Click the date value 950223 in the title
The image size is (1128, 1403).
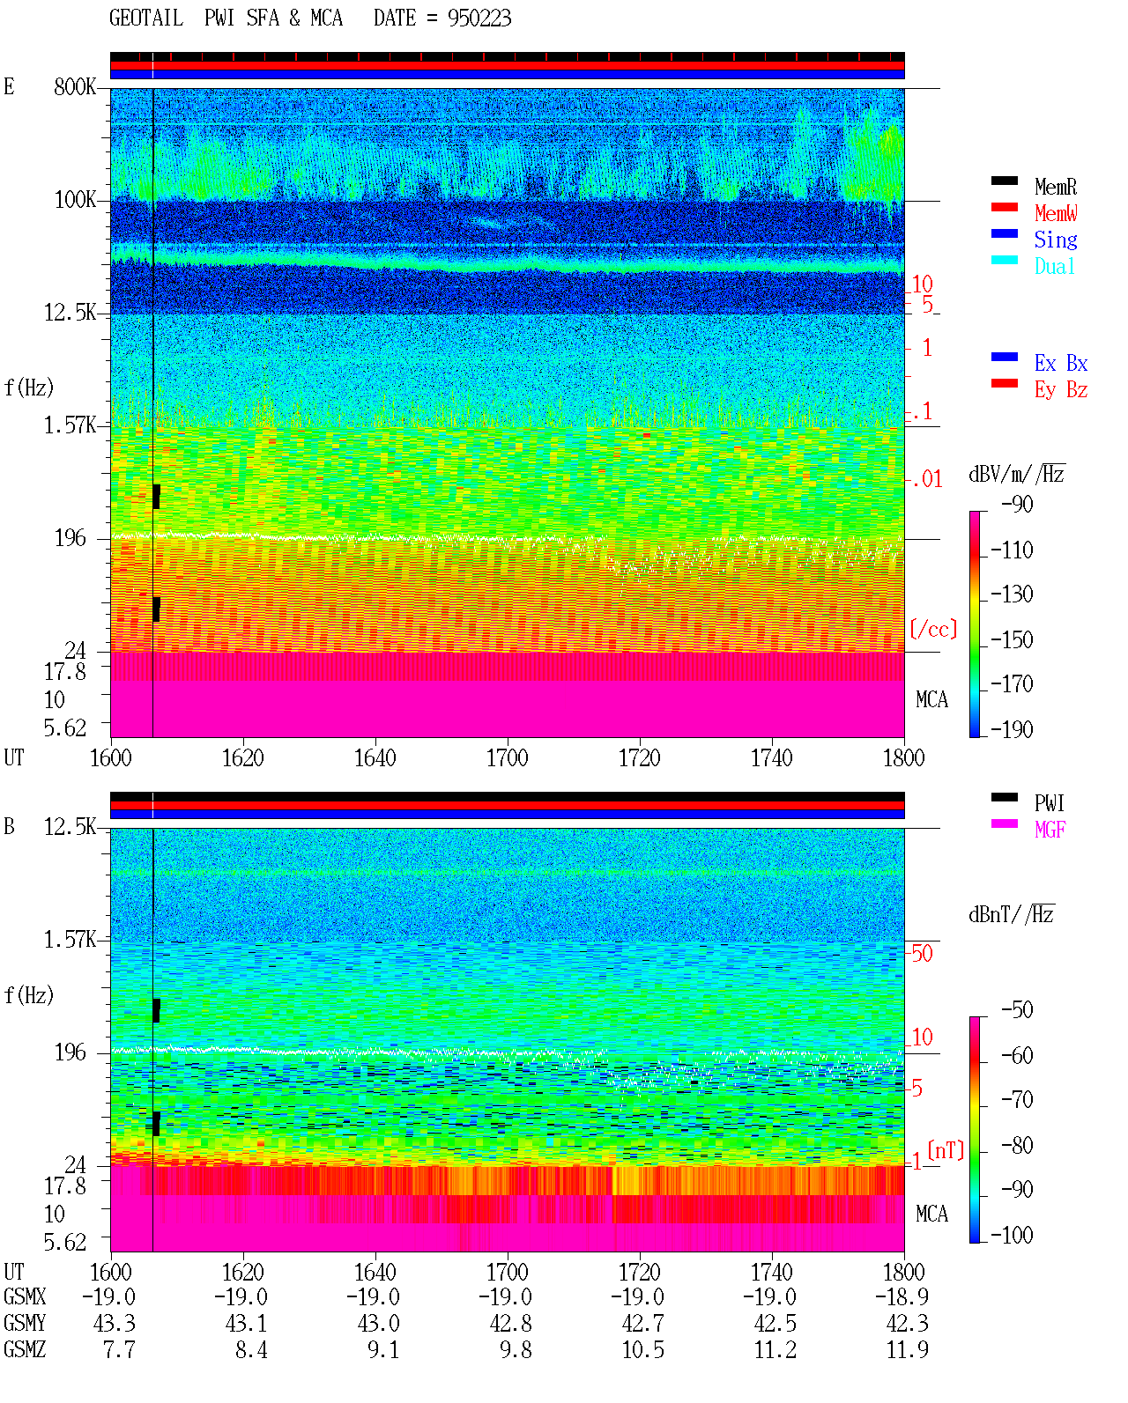click(479, 18)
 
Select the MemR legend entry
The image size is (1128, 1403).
click(1055, 187)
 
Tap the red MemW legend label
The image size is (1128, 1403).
click(1055, 213)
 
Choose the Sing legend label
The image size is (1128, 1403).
click(1055, 240)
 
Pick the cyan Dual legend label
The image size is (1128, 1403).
click(1054, 266)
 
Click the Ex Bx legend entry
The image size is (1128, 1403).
click(1060, 363)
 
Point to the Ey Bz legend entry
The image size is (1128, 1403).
click(1060, 390)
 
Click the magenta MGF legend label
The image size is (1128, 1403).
click(1050, 830)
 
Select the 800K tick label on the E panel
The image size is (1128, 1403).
click(75, 86)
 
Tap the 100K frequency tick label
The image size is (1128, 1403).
click(75, 200)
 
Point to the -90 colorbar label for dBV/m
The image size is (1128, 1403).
click(1017, 504)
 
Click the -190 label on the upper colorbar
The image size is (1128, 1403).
click(1012, 729)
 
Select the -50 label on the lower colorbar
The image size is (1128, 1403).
click(1017, 1010)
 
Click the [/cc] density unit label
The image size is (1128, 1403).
click(933, 629)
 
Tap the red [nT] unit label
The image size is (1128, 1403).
click(946, 1150)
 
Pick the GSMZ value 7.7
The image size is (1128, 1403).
click(119, 1349)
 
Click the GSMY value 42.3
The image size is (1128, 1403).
click(907, 1324)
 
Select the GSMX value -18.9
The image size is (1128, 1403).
click(902, 1296)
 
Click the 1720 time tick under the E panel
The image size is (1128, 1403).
click(640, 758)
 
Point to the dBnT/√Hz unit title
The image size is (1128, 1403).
click(1012, 914)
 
